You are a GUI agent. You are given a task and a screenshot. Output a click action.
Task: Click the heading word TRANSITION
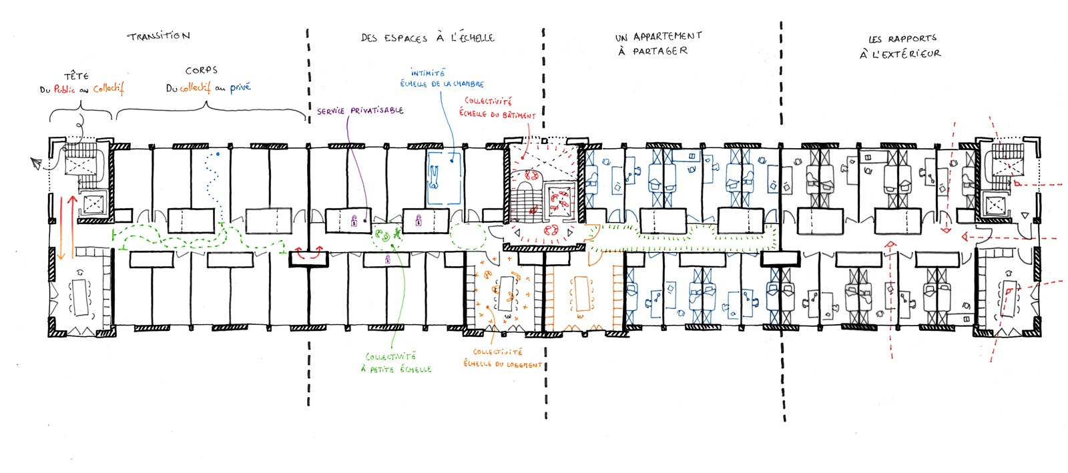[x=159, y=36]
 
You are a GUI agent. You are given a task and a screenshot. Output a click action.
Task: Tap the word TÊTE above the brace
[x=76, y=76]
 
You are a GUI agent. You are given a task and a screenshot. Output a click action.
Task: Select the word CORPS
[x=201, y=70]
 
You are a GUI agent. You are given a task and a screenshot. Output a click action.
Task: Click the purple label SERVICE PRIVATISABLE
[x=360, y=111]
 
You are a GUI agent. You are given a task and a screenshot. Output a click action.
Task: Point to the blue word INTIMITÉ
[x=428, y=73]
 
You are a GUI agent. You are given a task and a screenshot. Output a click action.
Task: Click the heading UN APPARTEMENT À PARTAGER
[x=657, y=43]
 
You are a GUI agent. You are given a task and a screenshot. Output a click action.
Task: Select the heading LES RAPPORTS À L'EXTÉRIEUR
[x=900, y=46]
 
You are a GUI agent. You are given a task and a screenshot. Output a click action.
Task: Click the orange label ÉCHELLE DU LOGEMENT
[x=503, y=364]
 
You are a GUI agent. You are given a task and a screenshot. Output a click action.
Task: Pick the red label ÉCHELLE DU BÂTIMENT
[x=497, y=115]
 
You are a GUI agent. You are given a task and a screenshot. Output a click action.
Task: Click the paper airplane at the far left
[x=36, y=162]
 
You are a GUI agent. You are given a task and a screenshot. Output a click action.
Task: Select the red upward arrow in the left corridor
[x=72, y=223]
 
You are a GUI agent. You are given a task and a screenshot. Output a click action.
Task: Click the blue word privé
[x=240, y=87]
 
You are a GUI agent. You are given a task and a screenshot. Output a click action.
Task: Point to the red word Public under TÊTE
[x=65, y=89]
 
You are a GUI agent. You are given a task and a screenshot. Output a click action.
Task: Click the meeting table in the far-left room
[x=82, y=297]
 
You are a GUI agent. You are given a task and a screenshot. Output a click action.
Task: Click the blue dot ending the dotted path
[x=218, y=155]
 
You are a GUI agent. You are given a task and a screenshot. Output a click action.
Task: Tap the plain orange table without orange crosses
[x=581, y=294]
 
